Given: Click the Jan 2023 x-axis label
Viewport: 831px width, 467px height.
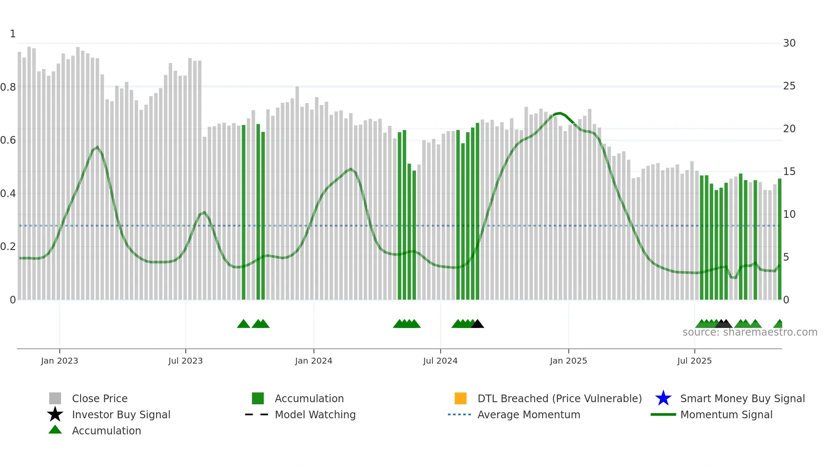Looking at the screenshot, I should [59, 361].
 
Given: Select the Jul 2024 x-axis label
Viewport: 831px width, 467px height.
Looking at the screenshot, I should [440, 361].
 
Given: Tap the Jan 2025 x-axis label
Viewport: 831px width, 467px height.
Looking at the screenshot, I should [568, 361].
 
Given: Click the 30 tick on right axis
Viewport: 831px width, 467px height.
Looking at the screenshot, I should [789, 43].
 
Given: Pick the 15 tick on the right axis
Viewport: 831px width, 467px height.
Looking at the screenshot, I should [789, 172].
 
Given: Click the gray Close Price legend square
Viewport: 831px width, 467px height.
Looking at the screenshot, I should [55, 398].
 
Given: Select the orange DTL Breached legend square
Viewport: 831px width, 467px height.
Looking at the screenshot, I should [460, 398].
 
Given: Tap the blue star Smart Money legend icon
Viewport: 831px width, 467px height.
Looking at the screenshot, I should [663, 398].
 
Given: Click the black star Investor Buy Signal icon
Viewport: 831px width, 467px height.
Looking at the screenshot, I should [55, 414].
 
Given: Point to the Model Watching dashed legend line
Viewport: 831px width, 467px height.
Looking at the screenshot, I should [257, 414].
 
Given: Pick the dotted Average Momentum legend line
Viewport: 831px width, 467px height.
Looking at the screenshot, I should [460, 414].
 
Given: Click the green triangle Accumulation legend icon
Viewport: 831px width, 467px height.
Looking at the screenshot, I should [55, 430].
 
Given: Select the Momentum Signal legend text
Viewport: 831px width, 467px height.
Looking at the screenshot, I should [726, 414].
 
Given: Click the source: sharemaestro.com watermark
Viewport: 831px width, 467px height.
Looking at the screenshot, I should [750, 332].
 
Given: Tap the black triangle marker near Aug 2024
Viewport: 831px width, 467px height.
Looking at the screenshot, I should [477, 324].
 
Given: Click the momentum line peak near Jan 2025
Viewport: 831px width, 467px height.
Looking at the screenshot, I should [560, 113].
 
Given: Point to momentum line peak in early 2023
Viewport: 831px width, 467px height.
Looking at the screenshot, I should [98, 147].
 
